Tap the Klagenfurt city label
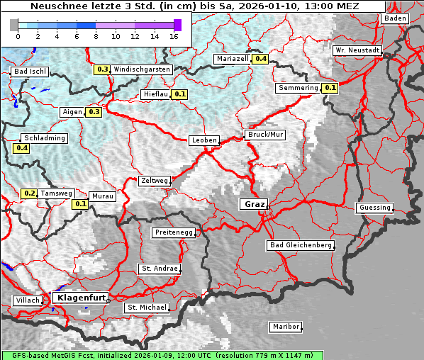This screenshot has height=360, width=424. (79, 298)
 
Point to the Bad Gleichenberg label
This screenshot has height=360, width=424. (301, 245)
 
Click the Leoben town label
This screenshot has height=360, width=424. (204, 140)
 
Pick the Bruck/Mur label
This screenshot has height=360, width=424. (264, 135)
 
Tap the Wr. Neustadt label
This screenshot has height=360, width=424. (358, 51)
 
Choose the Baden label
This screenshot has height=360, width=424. (395, 18)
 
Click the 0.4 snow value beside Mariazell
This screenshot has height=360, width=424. (261, 59)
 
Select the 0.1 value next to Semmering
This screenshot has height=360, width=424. (330, 88)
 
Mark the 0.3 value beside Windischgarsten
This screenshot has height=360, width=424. (103, 69)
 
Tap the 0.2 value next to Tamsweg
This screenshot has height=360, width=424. (30, 193)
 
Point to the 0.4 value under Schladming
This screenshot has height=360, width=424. (21, 148)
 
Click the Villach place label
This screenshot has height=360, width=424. (27, 300)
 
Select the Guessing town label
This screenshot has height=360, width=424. (374, 208)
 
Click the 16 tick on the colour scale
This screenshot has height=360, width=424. (174, 35)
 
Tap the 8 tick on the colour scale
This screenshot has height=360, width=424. (96, 35)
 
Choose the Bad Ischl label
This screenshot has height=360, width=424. (30, 72)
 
